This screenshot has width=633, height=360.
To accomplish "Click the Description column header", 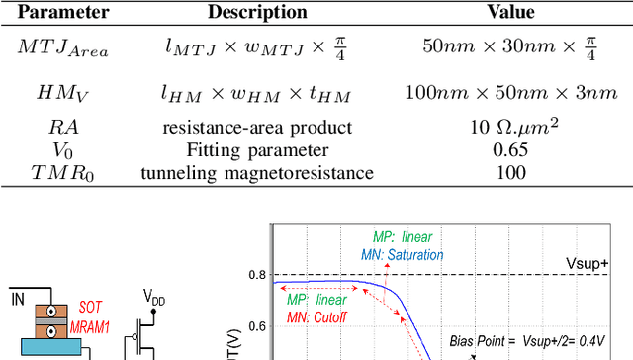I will click(x=257, y=13).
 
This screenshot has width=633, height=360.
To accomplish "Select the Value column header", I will click(x=511, y=13).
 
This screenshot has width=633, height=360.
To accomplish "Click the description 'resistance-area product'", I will click(x=257, y=127).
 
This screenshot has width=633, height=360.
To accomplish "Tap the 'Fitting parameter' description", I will click(x=257, y=149).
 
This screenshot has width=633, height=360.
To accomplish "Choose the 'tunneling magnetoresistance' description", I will click(x=257, y=173).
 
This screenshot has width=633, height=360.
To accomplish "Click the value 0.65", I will click(x=511, y=149).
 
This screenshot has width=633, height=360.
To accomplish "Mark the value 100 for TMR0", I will click(x=511, y=173).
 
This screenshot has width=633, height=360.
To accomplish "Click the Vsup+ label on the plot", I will click(x=590, y=264).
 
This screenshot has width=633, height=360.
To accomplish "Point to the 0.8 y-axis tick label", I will click(x=256, y=275).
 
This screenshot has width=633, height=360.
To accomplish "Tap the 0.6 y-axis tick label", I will click(x=256, y=325).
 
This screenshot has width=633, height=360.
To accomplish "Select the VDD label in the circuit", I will click(x=153, y=297).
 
